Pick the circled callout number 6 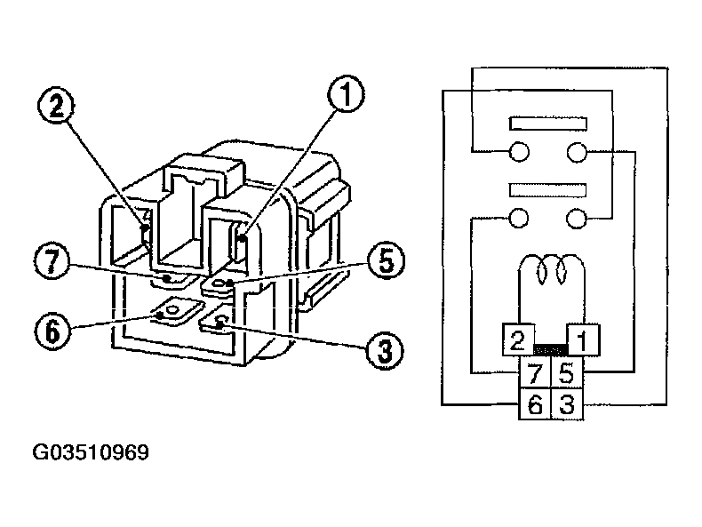pyautogui.click(x=52, y=329)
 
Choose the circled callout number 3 pyautogui.click(x=384, y=350)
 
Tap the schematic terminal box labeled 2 pyautogui.click(x=517, y=339)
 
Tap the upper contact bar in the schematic pyautogui.click(x=547, y=123)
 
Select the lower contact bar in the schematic pyautogui.click(x=547, y=190)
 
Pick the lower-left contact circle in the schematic pyautogui.click(x=519, y=219)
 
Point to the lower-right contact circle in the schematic pyautogui.click(x=578, y=219)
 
